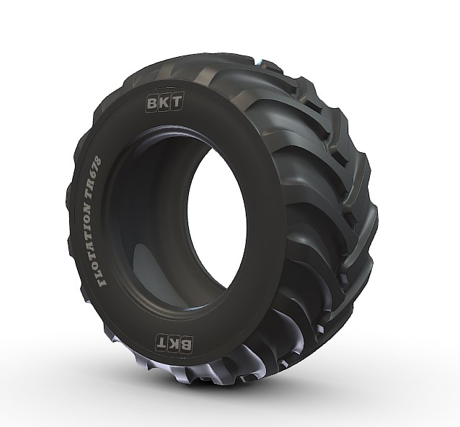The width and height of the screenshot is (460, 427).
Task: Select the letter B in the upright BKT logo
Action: pyautogui.click(x=154, y=102)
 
